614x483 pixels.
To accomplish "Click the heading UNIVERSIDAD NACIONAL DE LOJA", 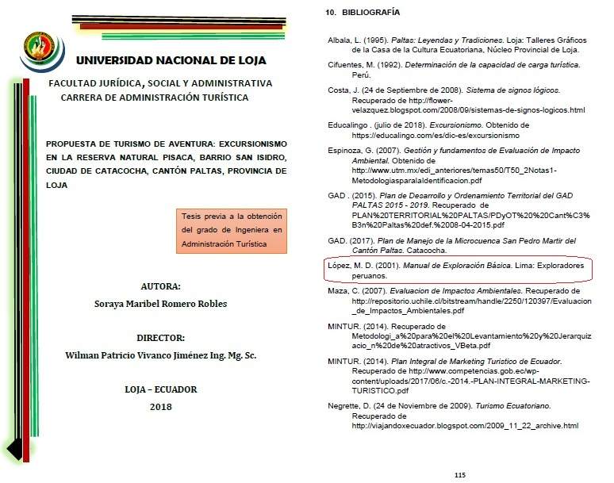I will pos(171,60).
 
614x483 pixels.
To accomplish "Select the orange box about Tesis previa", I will pos(232,230).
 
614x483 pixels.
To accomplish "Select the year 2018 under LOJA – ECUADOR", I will pos(160,407).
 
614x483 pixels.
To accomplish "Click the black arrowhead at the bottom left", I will pos(13,450).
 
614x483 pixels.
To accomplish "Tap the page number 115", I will pos(459,474).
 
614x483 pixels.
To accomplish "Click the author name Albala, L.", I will pos(347,40).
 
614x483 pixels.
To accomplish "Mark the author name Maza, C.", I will pos(344,292).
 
